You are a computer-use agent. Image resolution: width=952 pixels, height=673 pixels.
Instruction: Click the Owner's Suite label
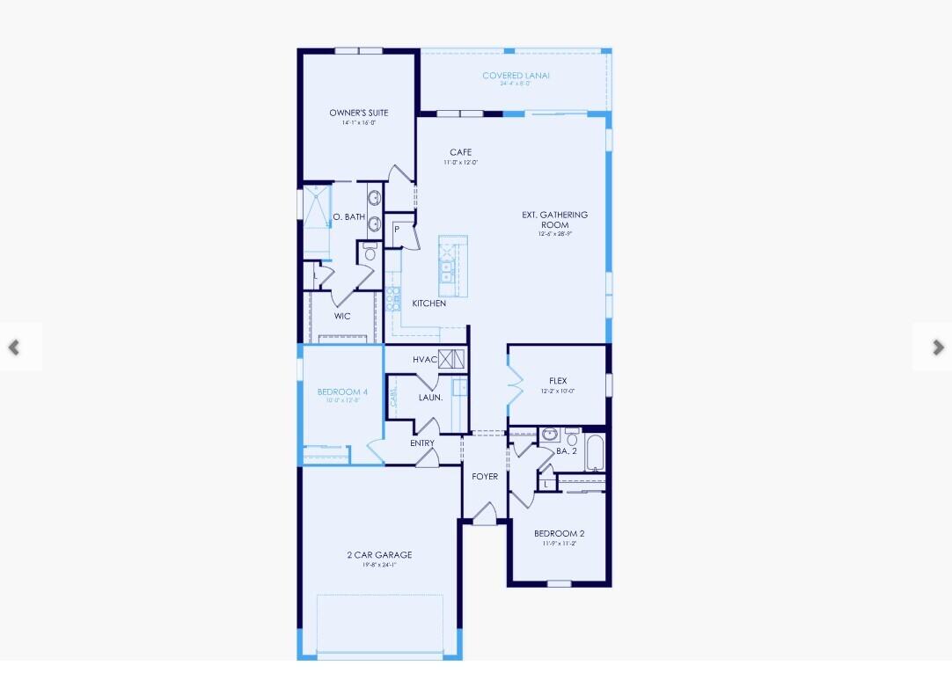coord(358,113)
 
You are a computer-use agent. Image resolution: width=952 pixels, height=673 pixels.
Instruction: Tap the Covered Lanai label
coord(516,77)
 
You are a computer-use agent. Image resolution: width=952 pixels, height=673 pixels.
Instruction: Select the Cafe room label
coord(460,153)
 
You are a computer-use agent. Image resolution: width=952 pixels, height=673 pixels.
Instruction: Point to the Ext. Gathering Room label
coord(554,220)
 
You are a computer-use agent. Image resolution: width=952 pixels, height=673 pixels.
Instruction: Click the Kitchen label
coord(429,304)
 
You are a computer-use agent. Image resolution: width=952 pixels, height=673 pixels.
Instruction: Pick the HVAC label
coord(425,359)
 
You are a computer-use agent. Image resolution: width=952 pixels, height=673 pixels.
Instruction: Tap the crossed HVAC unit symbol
coord(450,359)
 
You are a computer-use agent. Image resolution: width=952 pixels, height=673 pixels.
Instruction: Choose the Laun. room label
coord(430,398)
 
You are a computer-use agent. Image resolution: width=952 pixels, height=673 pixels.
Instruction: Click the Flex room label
coord(558,382)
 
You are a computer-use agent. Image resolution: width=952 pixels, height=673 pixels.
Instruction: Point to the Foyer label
coord(485,477)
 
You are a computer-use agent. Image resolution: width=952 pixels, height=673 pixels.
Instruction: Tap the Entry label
coord(422,443)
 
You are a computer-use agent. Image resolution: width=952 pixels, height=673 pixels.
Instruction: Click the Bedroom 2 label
coord(559,534)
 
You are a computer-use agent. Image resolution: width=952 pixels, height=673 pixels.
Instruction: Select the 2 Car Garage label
coord(379,555)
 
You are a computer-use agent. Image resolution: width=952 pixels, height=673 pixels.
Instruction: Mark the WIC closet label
coord(342,316)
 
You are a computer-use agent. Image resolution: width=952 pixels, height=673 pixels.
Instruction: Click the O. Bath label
coord(348,217)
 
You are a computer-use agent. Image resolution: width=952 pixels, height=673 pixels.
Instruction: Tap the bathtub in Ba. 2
coord(595,452)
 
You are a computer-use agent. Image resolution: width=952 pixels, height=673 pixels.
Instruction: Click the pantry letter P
coord(397,230)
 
